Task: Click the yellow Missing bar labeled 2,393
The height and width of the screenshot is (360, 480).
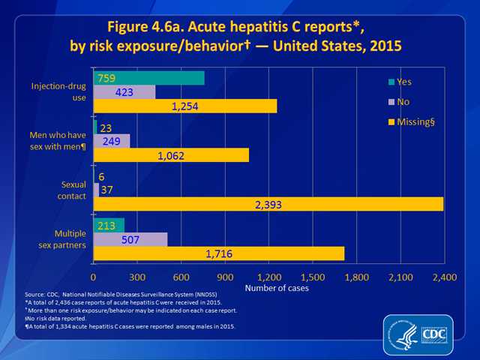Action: (268, 204)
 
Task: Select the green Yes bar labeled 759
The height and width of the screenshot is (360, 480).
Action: (148, 77)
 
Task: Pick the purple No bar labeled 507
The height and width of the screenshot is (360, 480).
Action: (130, 239)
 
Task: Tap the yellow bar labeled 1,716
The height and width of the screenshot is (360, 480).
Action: (218, 253)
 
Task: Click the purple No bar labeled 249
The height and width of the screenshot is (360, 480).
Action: (112, 140)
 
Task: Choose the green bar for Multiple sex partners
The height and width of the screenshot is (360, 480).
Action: (109, 225)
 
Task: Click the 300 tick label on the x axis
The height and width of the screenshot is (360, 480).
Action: (137, 278)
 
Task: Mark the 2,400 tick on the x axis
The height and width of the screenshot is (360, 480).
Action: (444, 278)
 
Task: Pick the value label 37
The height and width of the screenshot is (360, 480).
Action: (107, 190)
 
